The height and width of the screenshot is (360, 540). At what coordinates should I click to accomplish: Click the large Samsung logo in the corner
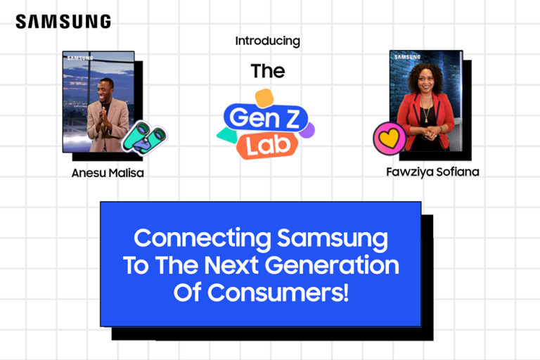click(x=63, y=22)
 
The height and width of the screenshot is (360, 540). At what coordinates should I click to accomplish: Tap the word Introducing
click(x=267, y=41)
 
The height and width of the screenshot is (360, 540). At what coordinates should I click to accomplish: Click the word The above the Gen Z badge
click(x=268, y=71)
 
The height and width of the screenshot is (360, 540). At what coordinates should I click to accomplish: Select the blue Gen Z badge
click(x=266, y=115)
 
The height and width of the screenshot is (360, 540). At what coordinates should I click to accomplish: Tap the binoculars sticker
click(x=143, y=138)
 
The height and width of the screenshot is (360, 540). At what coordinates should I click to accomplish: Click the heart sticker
click(x=389, y=138)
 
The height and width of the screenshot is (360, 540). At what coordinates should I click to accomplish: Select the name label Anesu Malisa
click(x=108, y=172)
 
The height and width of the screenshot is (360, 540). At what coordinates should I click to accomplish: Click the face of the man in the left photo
click(x=107, y=88)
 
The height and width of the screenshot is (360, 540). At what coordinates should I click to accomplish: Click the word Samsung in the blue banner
click(x=333, y=238)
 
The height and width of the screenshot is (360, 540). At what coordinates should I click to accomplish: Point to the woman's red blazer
click(x=406, y=116)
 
